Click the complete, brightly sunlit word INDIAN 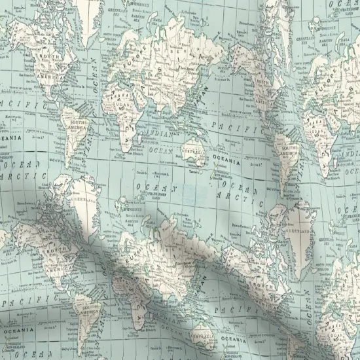click(162, 135)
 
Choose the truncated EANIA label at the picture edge click(11, 138)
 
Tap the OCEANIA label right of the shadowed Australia click(234, 340)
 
